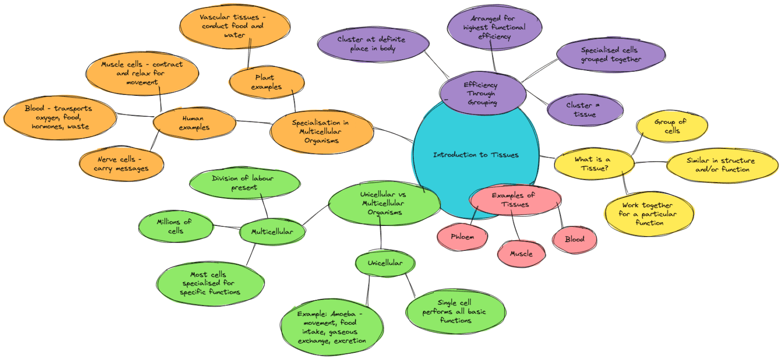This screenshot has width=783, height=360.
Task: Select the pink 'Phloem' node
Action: pos(462,237)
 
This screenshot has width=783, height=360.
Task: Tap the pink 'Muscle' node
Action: pos(521,254)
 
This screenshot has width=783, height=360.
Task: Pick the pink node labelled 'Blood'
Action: pos(574,239)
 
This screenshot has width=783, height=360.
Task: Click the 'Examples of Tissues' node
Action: pos(515,200)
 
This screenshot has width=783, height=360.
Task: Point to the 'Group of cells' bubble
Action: pos(672,126)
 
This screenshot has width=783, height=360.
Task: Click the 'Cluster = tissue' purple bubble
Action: pos(585,110)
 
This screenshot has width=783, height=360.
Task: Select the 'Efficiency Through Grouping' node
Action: pos(482,93)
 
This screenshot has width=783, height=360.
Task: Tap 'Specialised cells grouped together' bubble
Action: pos(610,55)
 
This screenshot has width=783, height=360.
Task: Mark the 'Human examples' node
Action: pos(194,123)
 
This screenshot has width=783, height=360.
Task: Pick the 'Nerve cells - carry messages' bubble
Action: pos(121,164)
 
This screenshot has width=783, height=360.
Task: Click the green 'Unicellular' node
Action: pos(385,263)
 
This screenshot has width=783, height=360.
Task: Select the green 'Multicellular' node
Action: pos(272,232)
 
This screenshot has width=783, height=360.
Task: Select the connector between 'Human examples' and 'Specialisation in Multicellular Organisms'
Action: pos(253,122)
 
